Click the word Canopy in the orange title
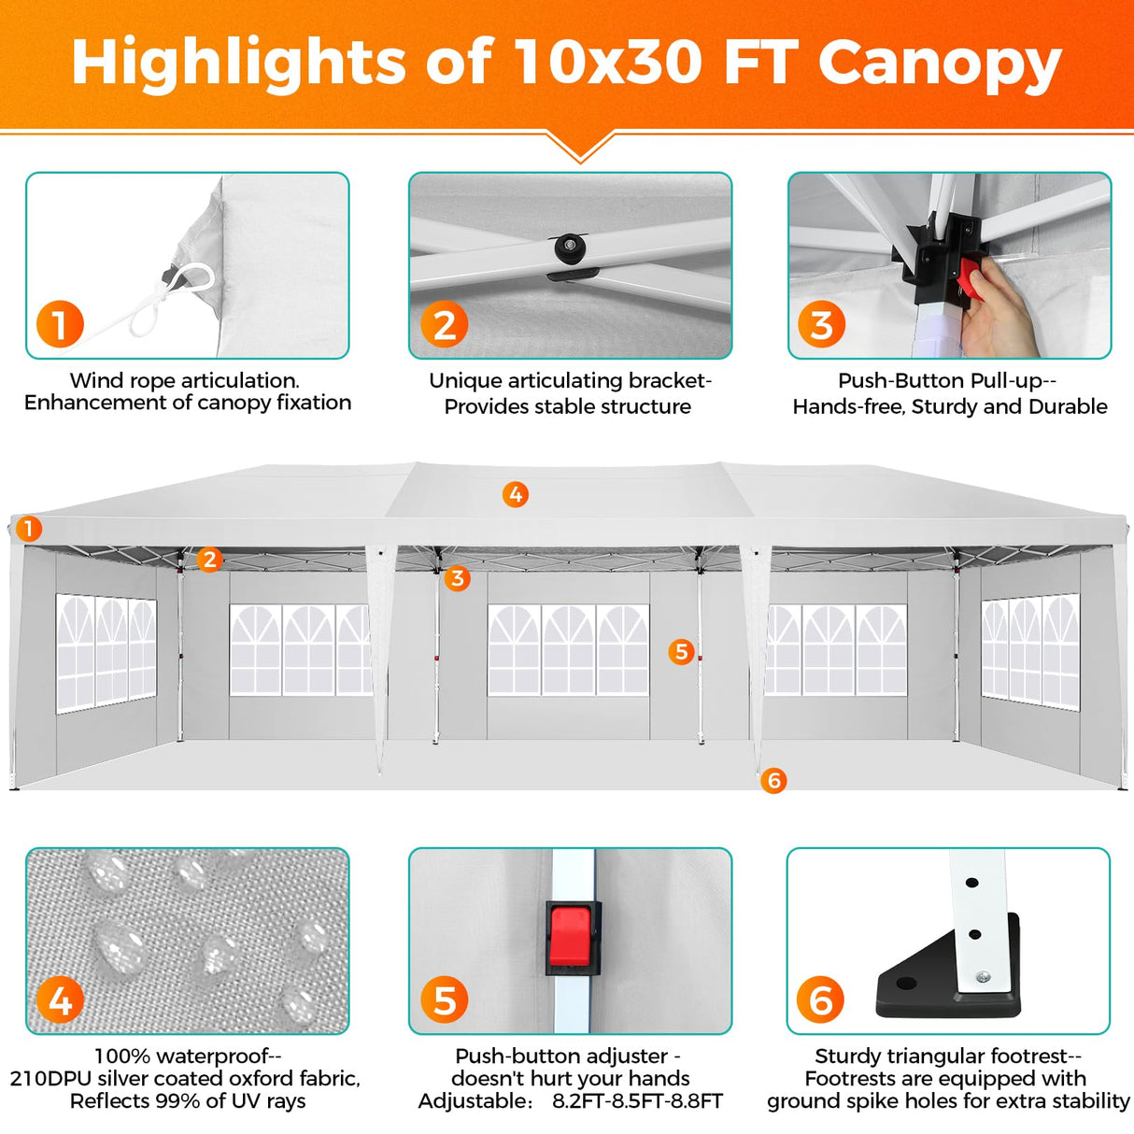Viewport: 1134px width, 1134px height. pyautogui.click(x=939, y=64)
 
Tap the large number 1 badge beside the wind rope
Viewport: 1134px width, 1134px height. pyautogui.click(x=60, y=324)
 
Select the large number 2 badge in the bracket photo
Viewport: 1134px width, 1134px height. pyautogui.click(x=444, y=324)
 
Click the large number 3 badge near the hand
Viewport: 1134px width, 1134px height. pyautogui.click(x=821, y=324)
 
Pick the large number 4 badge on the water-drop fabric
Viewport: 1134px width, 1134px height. pyautogui.click(x=60, y=1000)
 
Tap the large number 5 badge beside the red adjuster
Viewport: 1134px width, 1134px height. pyautogui.click(x=444, y=1000)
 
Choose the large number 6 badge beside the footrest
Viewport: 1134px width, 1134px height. pyautogui.click(x=820, y=1000)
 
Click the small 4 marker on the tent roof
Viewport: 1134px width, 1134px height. pyautogui.click(x=516, y=494)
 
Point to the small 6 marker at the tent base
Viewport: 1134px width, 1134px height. pyautogui.click(x=773, y=780)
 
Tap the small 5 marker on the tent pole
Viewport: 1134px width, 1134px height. pyautogui.click(x=682, y=651)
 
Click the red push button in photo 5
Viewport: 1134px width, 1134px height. pyautogui.click(x=571, y=936)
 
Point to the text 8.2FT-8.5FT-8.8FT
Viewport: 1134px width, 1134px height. pyautogui.click(x=637, y=1101)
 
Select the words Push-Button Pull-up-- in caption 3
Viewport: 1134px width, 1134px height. pyautogui.click(x=946, y=381)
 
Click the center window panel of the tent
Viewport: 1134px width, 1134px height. pyautogui.click(x=568, y=650)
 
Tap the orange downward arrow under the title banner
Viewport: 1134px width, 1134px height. pyautogui.click(x=580, y=148)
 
